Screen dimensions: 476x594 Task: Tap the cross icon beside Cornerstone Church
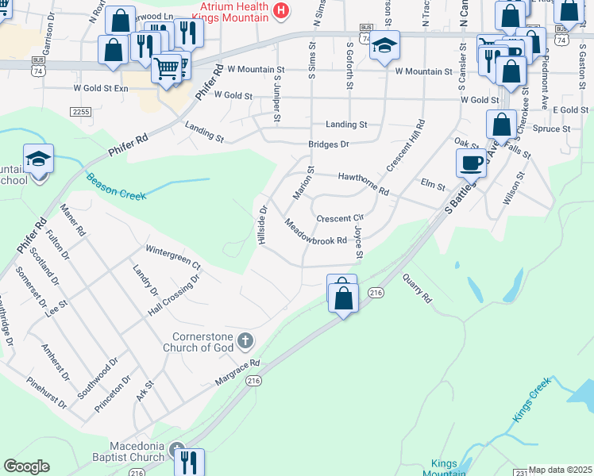pyautogui.click(x=245, y=341)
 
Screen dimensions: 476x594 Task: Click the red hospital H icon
pyautogui.click(x=280, y=10)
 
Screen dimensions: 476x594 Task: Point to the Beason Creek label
pyautogui.click(x=116, y=187)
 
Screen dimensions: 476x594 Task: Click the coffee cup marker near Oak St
pyautogui.click(x=471, y=163)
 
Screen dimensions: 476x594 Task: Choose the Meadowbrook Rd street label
pyautogui.click(x=316, y=233)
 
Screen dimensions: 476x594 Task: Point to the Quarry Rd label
pyautogui.click(x=416, y=289)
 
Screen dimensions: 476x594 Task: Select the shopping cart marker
pyautogui.click(x=167, y=69)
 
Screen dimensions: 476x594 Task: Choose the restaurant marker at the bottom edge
pyautogui.click(x=189, y=462)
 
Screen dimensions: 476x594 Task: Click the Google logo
pyautogui.click(x=27, y=466)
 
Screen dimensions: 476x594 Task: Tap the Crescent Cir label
pyautogui.click(x=340, y=217)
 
